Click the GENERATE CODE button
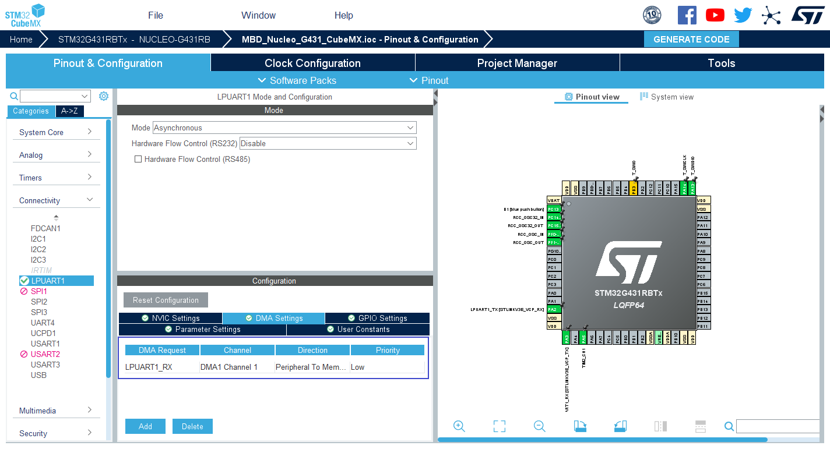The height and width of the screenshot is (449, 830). click(x=691, y=40)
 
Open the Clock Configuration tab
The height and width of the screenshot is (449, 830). click(x=312, y=63)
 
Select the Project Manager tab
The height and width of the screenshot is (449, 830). click(x=517, y=63)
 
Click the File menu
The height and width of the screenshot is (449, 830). click(x=156, y=15)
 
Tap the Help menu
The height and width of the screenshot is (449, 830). click(x=344, y=15)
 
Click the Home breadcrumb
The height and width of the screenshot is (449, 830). click(x=21, y=40)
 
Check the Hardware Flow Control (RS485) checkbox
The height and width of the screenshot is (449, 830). click(x=138, y=159)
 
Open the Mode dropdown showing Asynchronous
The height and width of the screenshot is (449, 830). click(x=284, y=128)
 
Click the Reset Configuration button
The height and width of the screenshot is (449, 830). click(x=166, y=300)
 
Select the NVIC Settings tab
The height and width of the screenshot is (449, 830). click(x=170, y=318)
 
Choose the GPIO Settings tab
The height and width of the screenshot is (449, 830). click(x=377, y=318)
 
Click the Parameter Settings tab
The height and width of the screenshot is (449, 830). click(x=202, y=329)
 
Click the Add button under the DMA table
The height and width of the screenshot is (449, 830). click(x=145, y=426)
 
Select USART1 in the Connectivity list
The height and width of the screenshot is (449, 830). click(x=45, y=344)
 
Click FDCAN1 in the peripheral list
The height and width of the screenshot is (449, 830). click(x=45, y=228)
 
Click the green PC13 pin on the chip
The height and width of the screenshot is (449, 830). click(x=554, y=209)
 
